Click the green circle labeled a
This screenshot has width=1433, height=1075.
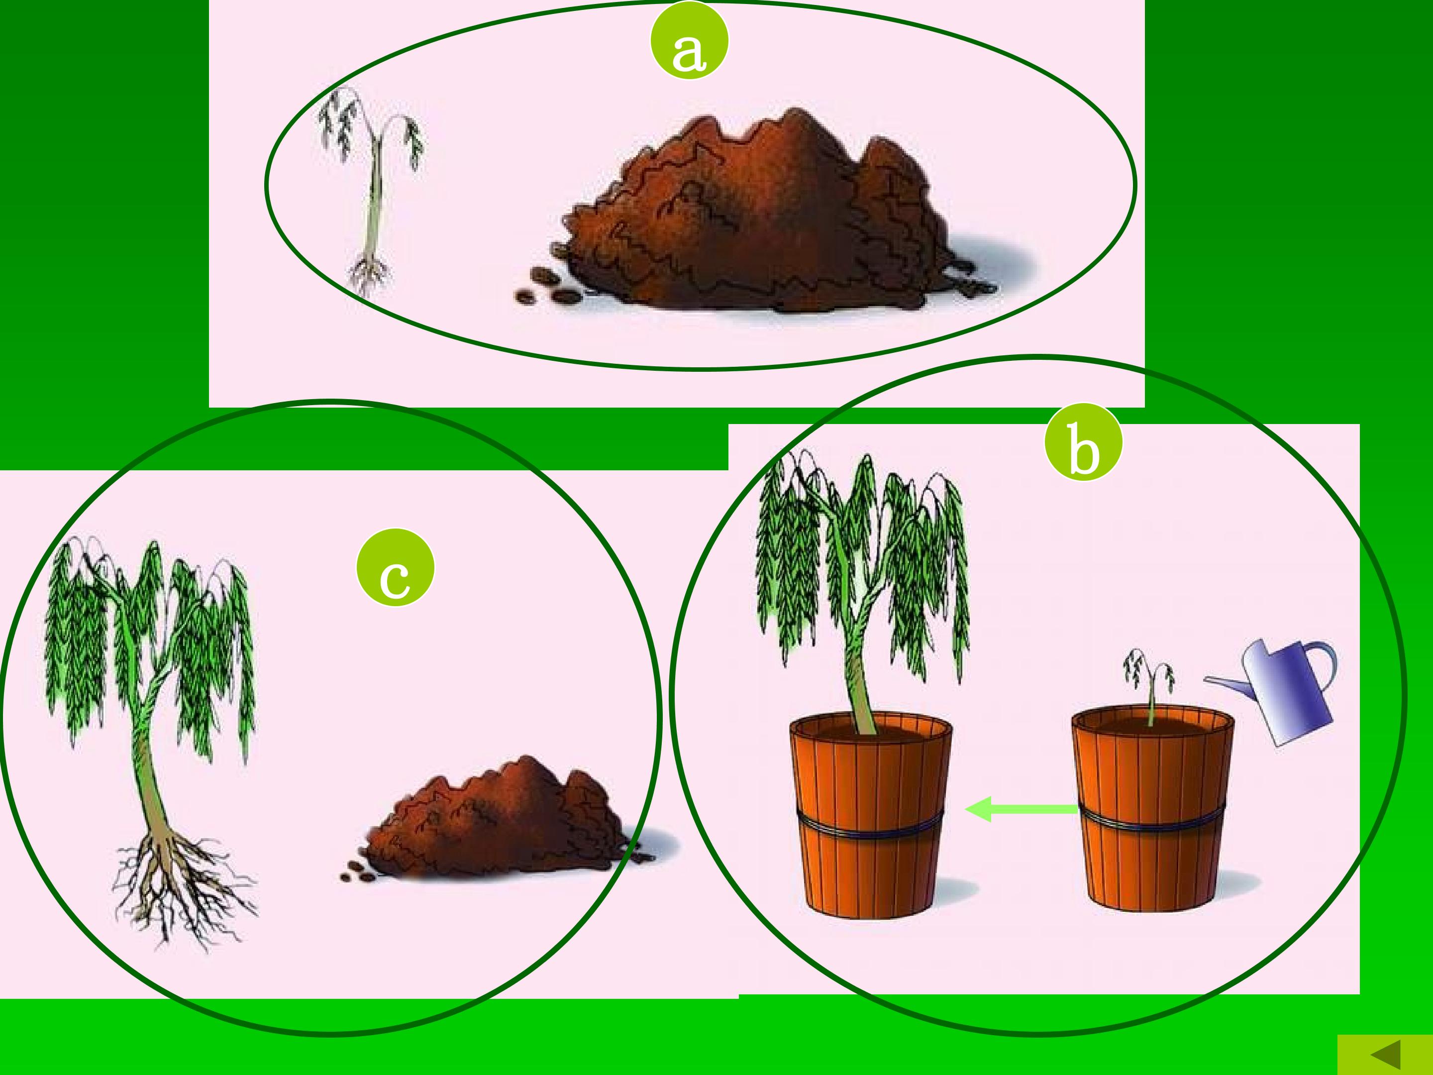click(689, 41)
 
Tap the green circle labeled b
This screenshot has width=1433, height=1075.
click(1083, 442)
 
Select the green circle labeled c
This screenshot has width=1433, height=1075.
click(395, 568)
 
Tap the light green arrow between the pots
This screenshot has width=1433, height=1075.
click(1022, 809)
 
